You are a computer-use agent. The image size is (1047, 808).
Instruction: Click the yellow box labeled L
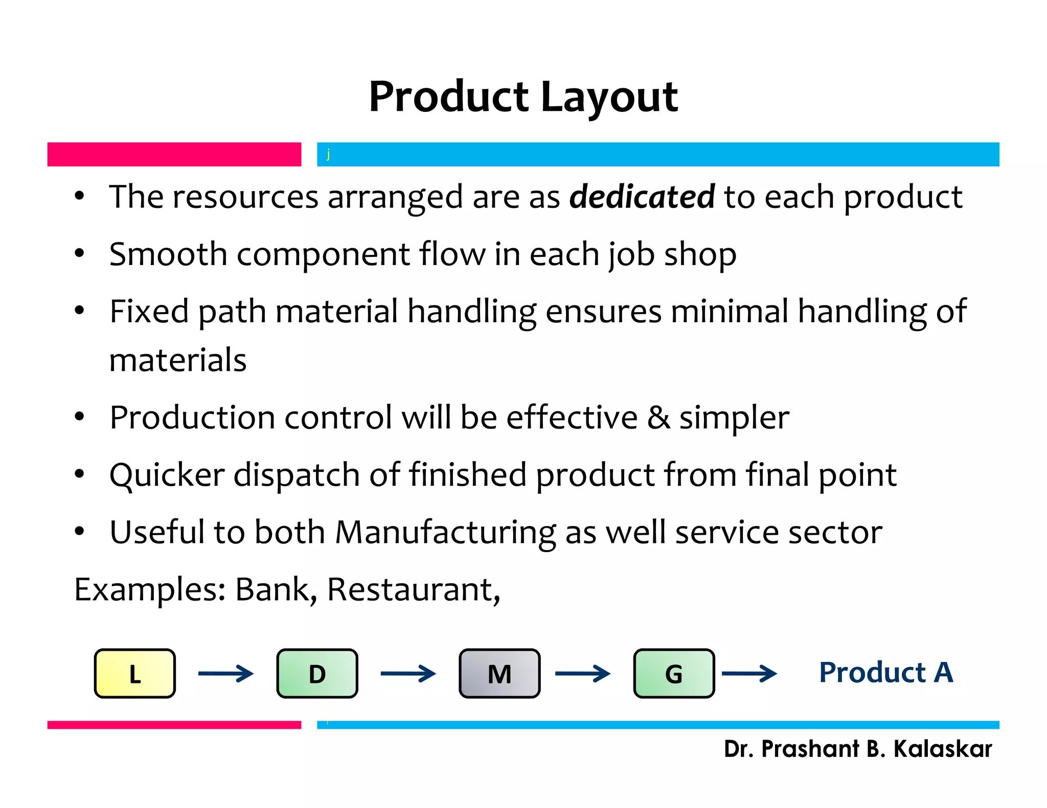(x=135, y=673)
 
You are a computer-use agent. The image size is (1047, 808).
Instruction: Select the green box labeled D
(x=317, y=673)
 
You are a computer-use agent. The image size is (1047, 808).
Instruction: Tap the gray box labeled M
(x=499, y=673)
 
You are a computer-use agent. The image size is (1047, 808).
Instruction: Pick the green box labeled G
(x=674, y=673)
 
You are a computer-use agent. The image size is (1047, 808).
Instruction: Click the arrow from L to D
(x=225, y=673)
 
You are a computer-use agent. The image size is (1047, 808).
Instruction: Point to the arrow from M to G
(x=582, y=673)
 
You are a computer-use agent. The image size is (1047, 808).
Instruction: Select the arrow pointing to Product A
(x=749, y=673)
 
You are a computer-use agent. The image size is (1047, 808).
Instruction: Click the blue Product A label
(x=886, y=672)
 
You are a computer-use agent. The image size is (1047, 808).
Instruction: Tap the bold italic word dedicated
(x=642, y=197)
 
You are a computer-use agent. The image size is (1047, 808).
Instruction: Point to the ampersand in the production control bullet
(x=658, y=417)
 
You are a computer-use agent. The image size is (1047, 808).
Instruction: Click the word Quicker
(x=167, y=475)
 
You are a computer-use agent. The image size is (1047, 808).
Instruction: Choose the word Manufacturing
(x=445, y=532)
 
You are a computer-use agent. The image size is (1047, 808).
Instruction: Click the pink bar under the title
(x=174, y=154)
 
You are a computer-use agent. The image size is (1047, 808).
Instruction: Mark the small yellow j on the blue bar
(x=328, y=154)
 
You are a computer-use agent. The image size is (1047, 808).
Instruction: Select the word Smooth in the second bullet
(x=168, y=254)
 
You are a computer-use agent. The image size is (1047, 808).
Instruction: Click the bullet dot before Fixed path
(x=79, y=311)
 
